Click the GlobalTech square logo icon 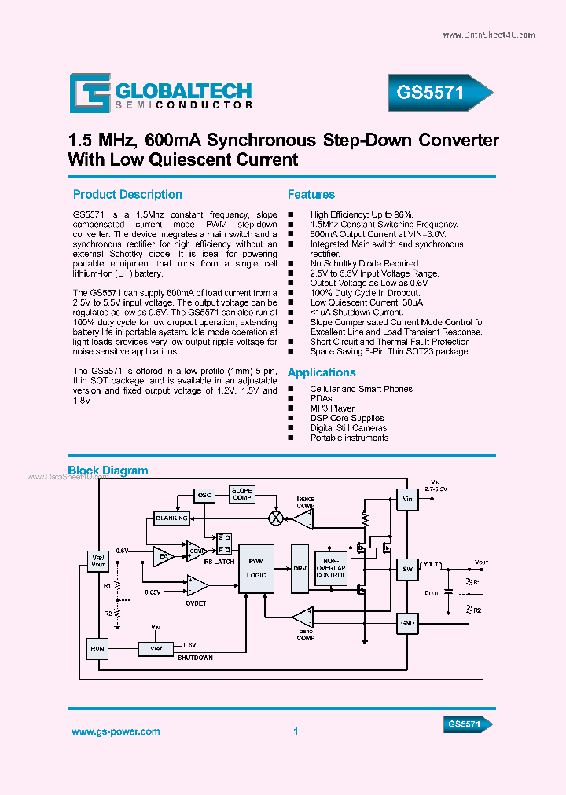coord(90,93)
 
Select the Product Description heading coord(127,195)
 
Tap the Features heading coord(311,195)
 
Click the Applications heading coord(322,372)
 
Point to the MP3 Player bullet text coord(333,408)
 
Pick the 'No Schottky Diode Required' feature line coord(365,263)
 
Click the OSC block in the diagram coord(204,496)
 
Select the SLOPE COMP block coord(242,495)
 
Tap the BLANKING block coord(171,518)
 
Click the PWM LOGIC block coord(256,568)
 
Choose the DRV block coord(300,567)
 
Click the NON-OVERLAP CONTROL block coord(331,567)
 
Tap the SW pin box coord(407,569)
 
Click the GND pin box coord(407,622)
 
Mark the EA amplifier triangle coord(164,556)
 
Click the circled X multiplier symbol coord(276,518)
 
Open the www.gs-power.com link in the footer coord(116,731)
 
